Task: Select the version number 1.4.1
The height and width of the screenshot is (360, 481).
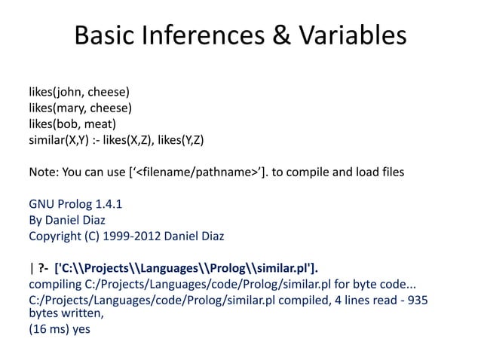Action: point(105,204)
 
